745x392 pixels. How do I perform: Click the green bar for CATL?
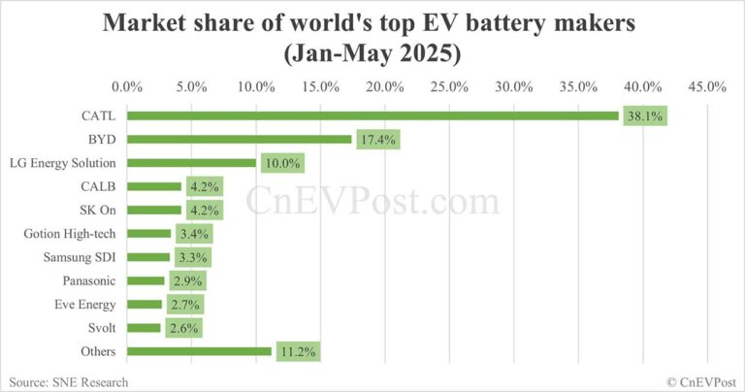coord(372,116)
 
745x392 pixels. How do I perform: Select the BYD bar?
coord(239,140)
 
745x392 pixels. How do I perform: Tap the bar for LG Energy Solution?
coord(191,163)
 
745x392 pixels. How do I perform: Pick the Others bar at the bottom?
coord(199,351)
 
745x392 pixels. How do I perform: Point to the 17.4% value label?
coord(377,140)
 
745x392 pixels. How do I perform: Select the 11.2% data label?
coord(297,351)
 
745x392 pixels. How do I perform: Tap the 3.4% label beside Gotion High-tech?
coord(192,234)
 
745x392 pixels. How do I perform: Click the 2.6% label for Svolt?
coord(181,328)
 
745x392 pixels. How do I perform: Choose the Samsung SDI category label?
coord(81,257)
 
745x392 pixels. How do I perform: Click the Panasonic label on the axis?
coord(90,280)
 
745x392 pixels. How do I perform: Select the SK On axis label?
coord(97,210)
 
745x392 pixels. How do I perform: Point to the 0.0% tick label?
coord(127,86)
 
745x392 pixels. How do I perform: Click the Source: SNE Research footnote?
coord(68,381)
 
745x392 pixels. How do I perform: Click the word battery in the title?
coord(501,22)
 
